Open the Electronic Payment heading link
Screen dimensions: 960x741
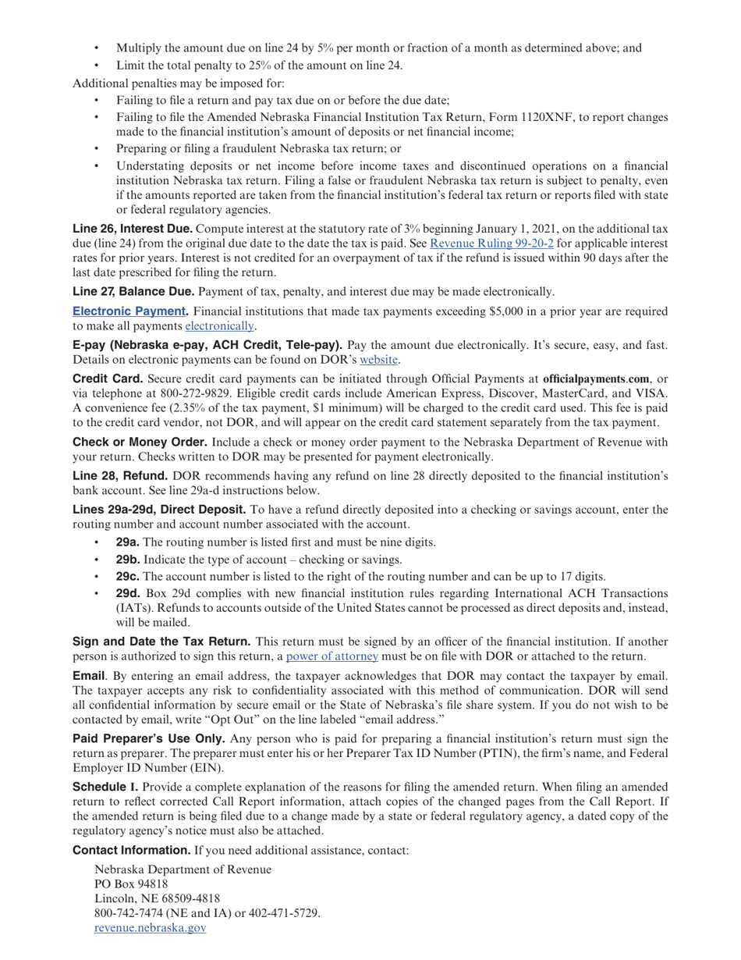[x=129, y=311]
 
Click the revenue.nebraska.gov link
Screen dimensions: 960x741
[x=150, y=927]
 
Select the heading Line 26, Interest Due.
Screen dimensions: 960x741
[x=132, y=229]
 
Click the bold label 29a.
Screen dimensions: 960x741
[x=127, y=542]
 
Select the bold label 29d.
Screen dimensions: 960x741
[x=128, y=593]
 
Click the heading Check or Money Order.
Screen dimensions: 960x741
[x=140, y=442]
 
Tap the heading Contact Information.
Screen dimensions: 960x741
[x=131, y=850]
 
